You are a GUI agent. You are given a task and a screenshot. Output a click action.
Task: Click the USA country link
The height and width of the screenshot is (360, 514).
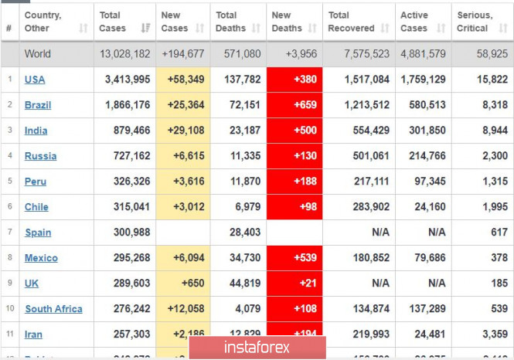click(34, 80)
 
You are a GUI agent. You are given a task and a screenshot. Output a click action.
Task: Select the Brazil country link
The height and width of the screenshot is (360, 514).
click(37, 105)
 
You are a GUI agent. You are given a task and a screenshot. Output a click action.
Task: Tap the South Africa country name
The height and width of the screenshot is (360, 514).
click(53, 309)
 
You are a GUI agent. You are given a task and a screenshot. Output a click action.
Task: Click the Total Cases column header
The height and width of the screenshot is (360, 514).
click(113, 22)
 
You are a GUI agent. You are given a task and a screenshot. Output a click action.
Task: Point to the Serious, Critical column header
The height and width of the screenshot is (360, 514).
click(474, 22)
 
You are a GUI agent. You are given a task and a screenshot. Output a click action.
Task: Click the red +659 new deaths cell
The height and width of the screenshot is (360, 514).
click(294, 105)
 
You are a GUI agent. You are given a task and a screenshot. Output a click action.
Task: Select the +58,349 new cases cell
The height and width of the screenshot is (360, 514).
click(182, 80)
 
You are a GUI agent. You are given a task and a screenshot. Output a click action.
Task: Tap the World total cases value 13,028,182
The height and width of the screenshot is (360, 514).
click(124, 54)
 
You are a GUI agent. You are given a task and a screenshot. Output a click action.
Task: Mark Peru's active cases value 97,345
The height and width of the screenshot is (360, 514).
click(426, 182)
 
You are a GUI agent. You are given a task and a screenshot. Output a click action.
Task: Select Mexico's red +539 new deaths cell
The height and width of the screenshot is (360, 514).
click(294, 258)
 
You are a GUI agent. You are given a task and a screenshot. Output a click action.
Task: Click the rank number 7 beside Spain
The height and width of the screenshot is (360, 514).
click(9, 233)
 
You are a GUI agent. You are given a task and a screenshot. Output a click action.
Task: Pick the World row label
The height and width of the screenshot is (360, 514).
click(38, 54)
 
